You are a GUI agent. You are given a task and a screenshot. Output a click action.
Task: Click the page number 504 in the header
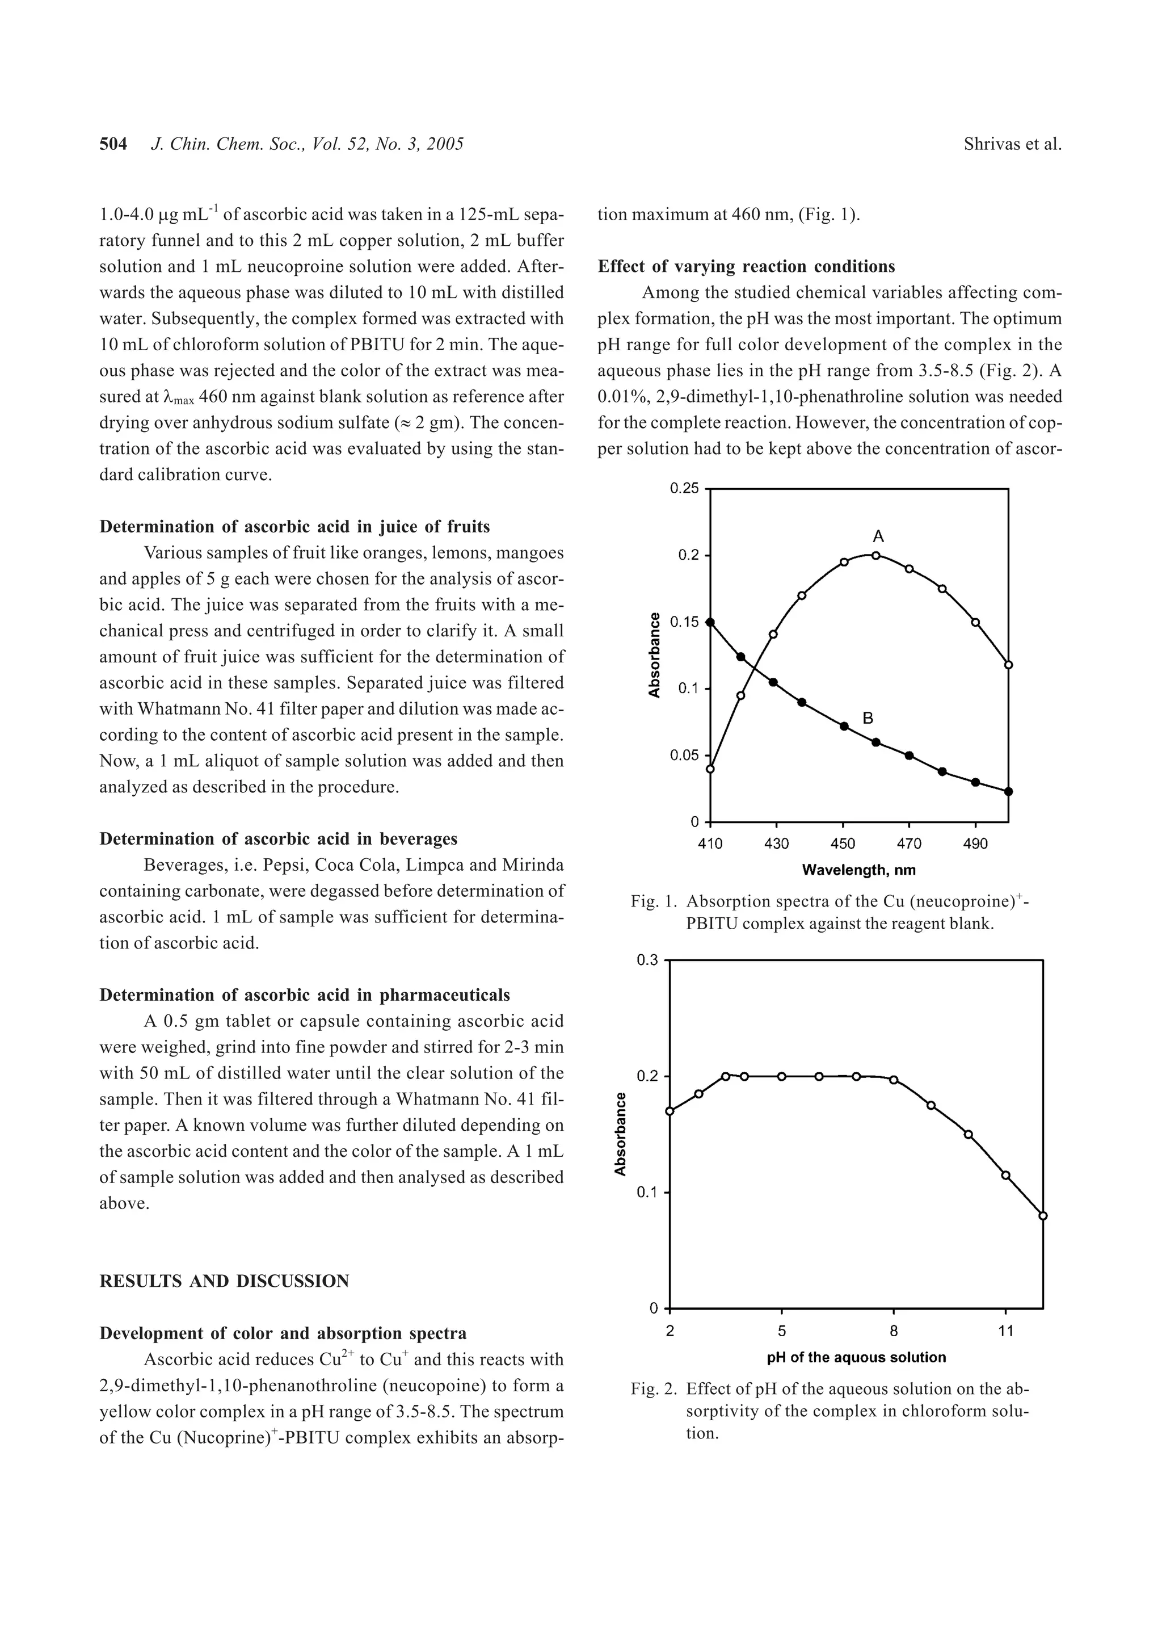pos(113,144)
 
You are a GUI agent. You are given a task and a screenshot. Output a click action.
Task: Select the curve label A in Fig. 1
pos(878,536)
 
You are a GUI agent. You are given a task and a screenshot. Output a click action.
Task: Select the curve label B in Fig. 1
pos(868,718)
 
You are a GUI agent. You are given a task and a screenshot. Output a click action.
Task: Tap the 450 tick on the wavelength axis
pos(843,844)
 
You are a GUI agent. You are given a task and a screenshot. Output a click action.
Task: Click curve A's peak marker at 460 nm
pos(875,555)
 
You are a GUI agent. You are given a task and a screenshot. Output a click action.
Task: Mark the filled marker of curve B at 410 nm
pos(710,623)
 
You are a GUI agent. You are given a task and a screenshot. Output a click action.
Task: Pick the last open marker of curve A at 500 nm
pos(1009,665)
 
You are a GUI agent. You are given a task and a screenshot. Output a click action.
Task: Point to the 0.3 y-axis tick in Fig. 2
pos(647,960)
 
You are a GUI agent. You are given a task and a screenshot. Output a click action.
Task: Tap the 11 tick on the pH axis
pos(1005,1331)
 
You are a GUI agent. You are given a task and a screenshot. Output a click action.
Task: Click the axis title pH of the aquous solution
pos(856,1357)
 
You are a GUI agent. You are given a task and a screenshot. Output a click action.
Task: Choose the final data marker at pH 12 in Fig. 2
pos(1042,1216)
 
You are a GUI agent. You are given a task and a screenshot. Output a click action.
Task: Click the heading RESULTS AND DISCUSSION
pos(224,1281)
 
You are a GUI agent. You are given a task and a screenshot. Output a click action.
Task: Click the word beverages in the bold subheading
pos(418,839)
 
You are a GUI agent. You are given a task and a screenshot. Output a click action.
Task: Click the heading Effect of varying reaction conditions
pos(746,267)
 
